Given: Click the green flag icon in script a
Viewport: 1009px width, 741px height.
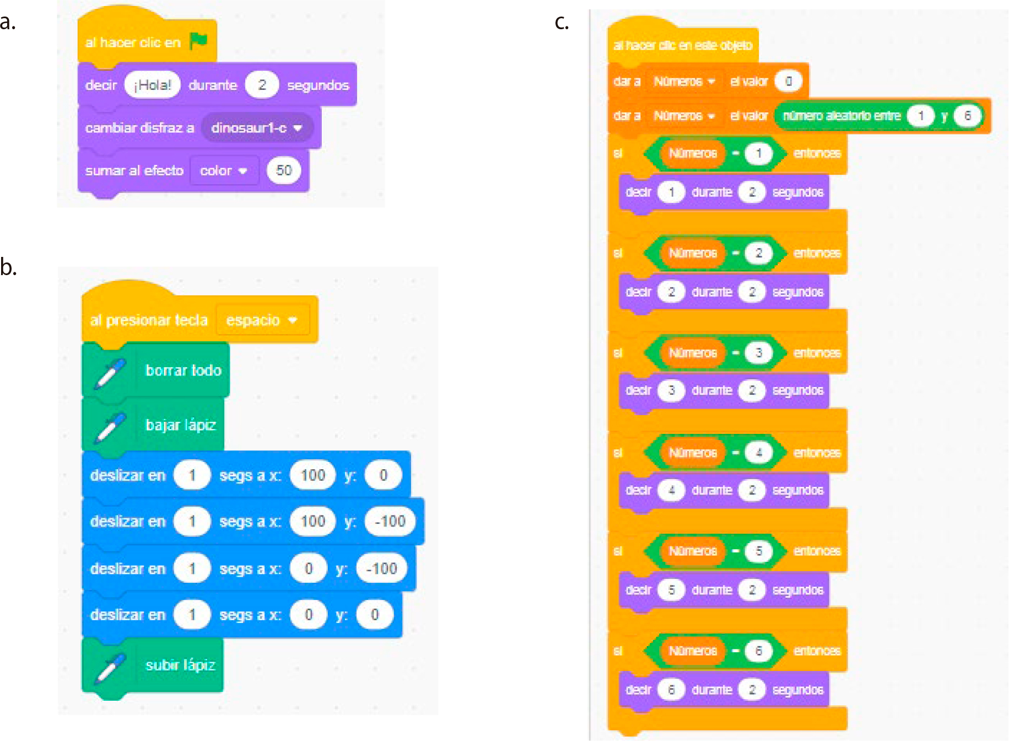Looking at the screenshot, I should [198, 41].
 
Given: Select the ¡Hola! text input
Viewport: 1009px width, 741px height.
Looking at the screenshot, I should [153, 85].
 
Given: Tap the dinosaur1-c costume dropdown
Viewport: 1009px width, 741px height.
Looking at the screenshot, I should [257, 128].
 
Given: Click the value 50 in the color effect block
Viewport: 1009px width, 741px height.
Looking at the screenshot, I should [284, 170].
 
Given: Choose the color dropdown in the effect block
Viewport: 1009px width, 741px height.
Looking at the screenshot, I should [223, 171].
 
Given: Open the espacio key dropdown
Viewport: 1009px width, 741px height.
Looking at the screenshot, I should [261, 320].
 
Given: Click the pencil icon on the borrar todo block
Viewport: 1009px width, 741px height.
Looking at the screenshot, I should [110, 373].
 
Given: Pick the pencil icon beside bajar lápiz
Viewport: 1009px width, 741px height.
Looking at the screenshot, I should [110, 427].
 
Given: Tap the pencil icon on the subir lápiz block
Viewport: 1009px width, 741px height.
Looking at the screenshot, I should [110, 667].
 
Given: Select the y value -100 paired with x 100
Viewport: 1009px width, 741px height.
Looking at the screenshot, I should [390, 521].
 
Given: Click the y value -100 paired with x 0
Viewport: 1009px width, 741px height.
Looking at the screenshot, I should [381, 568].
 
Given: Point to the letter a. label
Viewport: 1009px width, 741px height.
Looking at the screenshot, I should [8, 22].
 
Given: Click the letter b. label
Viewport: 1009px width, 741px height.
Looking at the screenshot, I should [8, 267].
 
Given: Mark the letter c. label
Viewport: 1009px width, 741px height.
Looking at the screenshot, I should [562, 22].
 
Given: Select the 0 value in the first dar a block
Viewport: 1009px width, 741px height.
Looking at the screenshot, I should [789, 82].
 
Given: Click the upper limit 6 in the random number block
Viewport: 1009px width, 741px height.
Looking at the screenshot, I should [967, 116].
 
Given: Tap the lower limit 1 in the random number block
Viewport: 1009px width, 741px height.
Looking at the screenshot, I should [920, 116].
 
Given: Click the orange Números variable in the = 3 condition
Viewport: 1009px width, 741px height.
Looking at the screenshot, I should [693, 353].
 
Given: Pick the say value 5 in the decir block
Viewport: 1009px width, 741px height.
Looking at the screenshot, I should [671, 590].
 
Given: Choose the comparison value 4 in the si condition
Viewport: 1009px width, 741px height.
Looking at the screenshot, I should [759, 453].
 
